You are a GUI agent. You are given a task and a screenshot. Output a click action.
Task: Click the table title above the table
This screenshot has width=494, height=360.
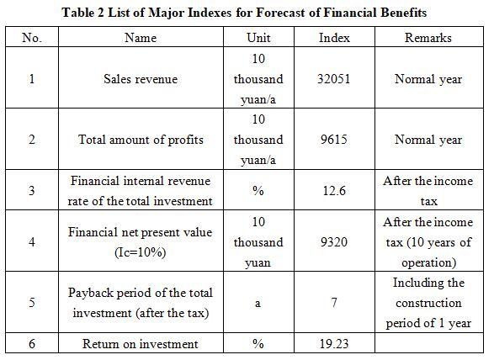tap(244, 13)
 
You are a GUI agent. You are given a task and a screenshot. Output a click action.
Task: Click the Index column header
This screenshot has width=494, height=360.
tap(334, 38)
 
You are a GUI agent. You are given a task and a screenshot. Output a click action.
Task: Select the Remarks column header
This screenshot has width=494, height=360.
tap(428, 38)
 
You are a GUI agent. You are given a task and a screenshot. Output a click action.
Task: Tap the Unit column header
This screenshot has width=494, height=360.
tap(258, 38)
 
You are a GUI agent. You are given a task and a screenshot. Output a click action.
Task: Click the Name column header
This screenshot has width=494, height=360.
tap(141, 38)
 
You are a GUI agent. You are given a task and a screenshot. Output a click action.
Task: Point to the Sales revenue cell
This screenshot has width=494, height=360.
tap(141, 79)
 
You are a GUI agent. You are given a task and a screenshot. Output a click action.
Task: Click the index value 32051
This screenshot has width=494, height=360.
tap(334, 79)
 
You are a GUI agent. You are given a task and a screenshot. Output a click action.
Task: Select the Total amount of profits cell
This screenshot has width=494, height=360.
tap(141, 140)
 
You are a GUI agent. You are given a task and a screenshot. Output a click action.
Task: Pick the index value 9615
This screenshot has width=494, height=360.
tap(334, 140)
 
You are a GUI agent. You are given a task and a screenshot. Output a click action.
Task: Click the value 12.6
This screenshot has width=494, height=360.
tap(334, 191)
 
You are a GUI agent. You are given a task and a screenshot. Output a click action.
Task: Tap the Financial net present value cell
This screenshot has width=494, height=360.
tap(141, 242)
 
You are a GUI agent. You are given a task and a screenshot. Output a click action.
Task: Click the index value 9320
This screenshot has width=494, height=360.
tap(334, 242)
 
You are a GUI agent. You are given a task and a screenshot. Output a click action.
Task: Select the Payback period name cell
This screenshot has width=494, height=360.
tap(141, 303)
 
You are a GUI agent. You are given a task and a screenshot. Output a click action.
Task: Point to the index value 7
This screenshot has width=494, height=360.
tap(334, 303)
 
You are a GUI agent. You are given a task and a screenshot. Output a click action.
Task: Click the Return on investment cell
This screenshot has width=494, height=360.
tap(141, 344)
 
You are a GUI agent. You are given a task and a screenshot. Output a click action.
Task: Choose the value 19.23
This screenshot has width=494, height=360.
tap(334, 344)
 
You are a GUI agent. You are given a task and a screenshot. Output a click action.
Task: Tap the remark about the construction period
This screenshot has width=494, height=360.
tap(428, 303)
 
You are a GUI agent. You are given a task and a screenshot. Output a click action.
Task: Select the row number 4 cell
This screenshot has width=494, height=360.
tap(32, 242)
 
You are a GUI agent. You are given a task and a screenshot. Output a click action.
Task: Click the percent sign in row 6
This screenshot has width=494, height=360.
tap(258, 344)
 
